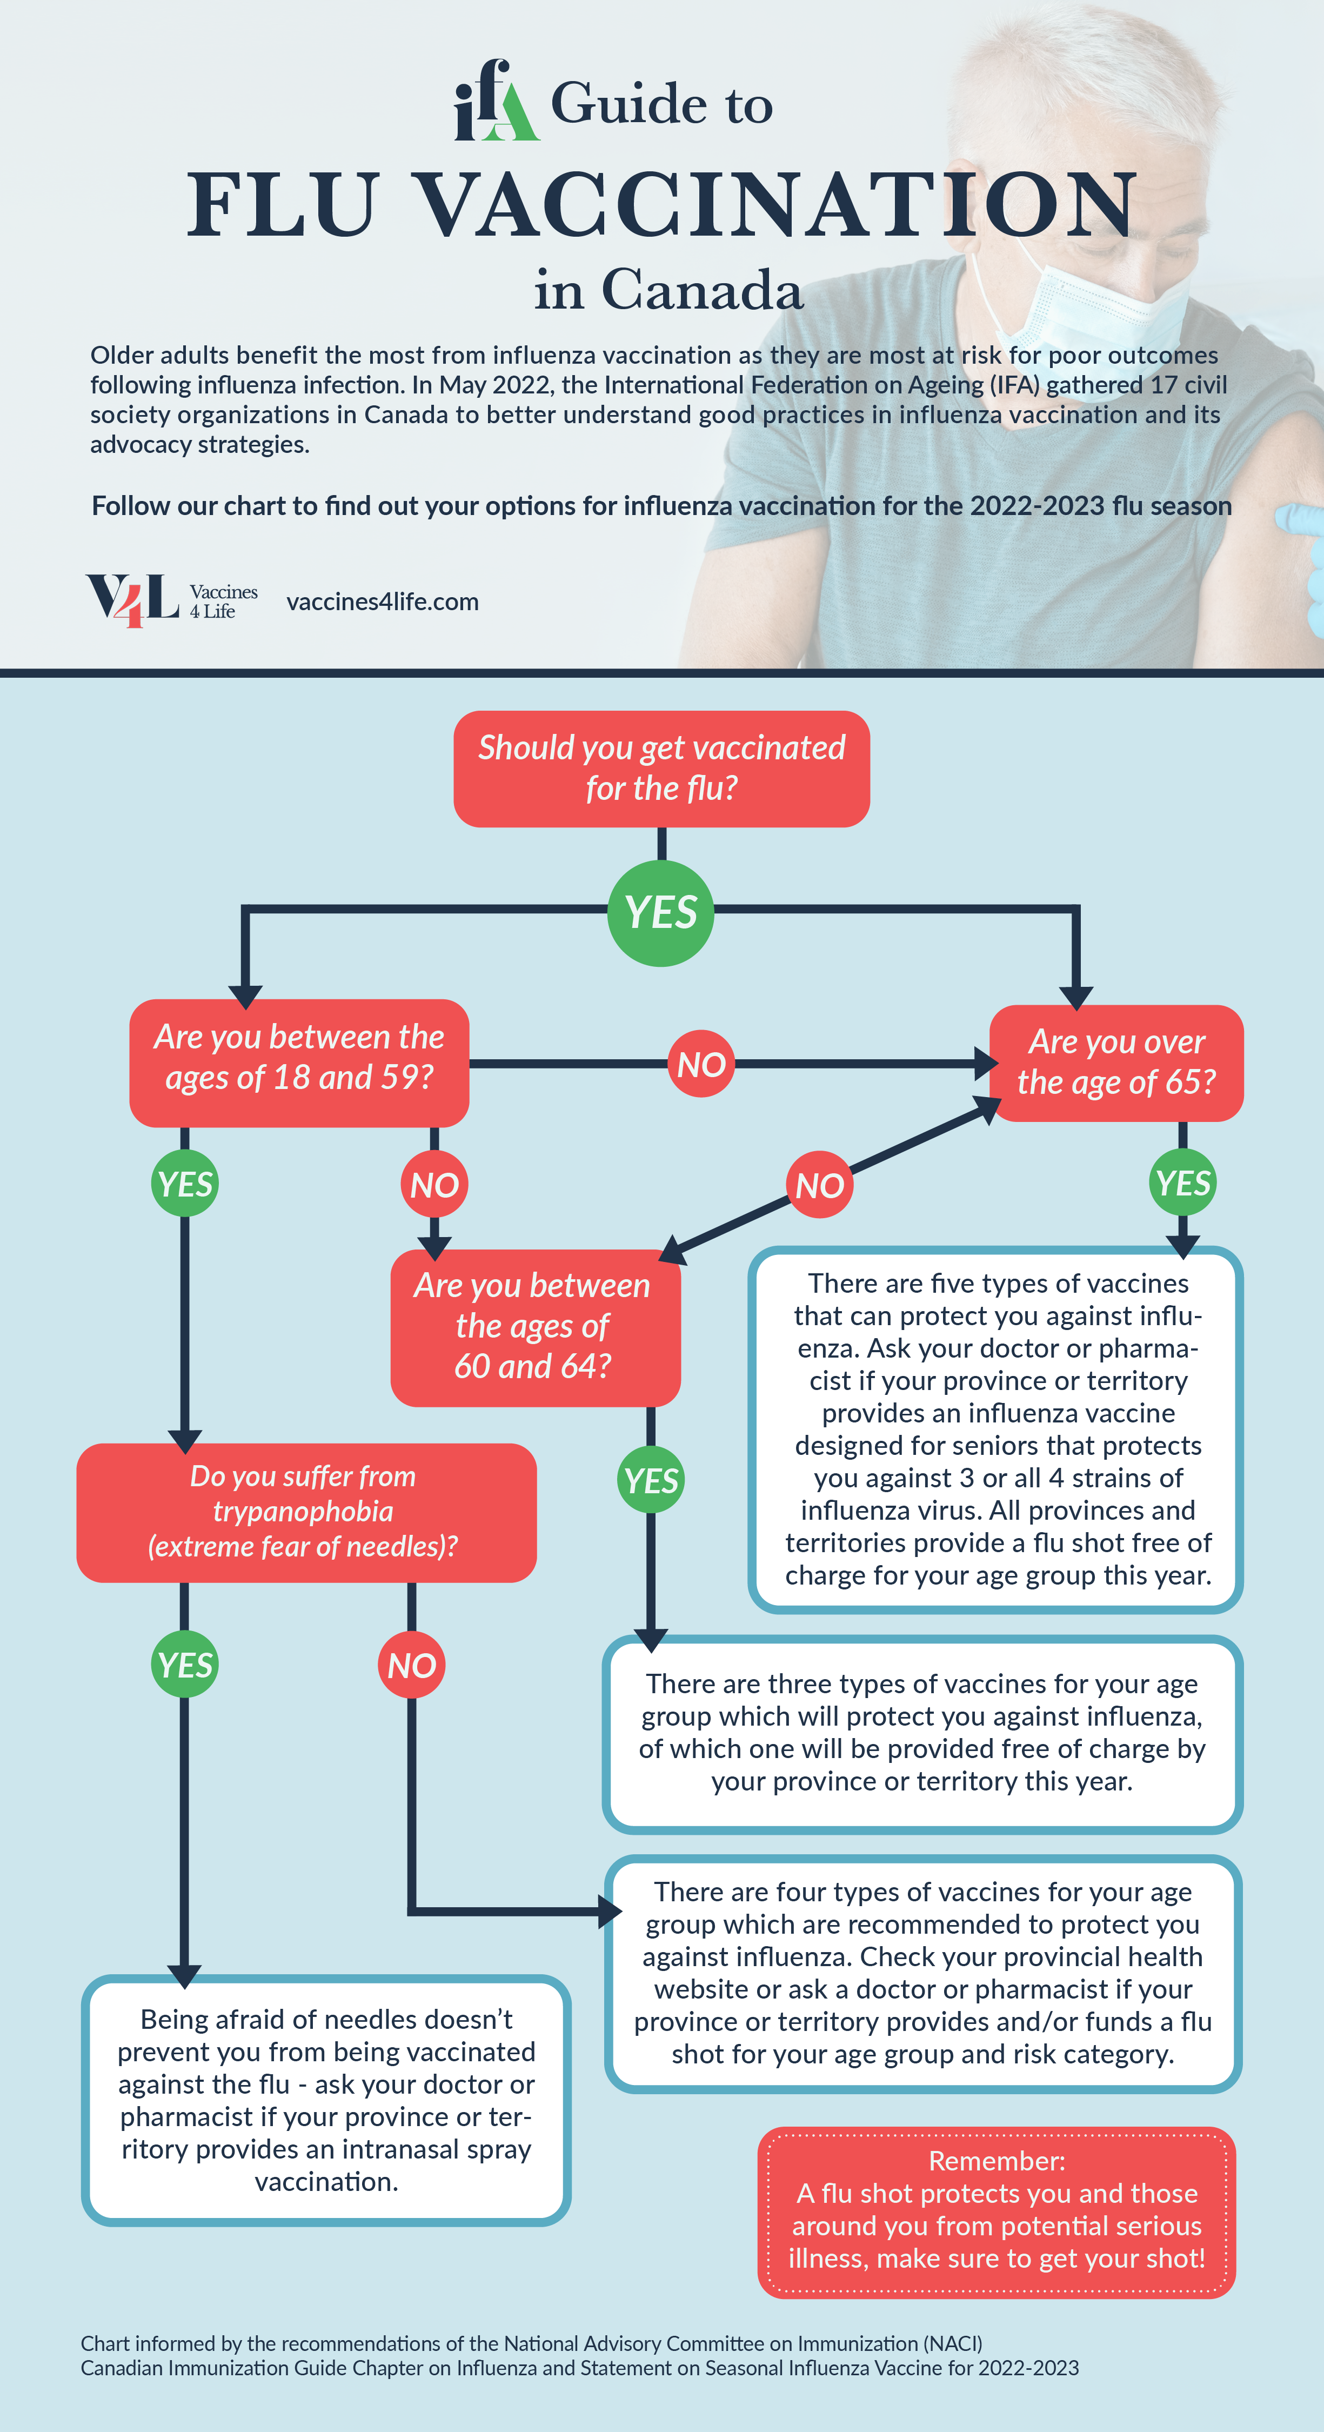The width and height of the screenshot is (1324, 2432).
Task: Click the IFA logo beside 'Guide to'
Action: point(497,100)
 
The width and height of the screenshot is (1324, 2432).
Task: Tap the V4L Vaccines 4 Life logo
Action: point(172,600)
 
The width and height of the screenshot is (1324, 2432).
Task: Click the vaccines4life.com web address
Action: point(383,602)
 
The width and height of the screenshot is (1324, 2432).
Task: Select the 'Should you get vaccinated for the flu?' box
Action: point(661,769)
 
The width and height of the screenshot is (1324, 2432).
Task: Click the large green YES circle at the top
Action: point(660,913)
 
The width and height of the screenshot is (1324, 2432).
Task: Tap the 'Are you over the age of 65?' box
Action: point(1116,1063)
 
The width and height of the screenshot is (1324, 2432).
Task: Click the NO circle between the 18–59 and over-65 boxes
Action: point(701,1064)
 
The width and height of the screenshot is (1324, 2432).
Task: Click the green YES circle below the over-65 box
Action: point(1182,1182)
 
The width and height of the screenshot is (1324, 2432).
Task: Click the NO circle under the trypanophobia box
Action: point(412,1665)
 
